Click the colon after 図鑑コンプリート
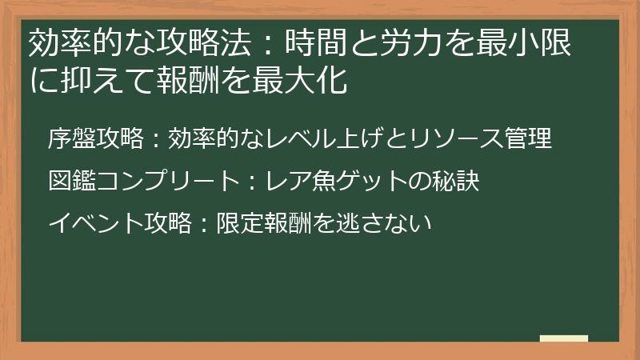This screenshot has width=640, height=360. (x=250, y=182)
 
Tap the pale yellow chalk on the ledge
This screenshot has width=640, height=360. (x=564, y=338)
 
